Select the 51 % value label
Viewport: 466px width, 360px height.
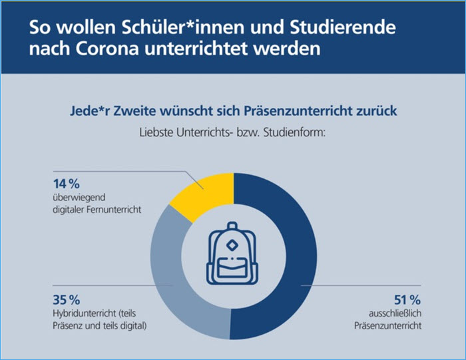point(404,299)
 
